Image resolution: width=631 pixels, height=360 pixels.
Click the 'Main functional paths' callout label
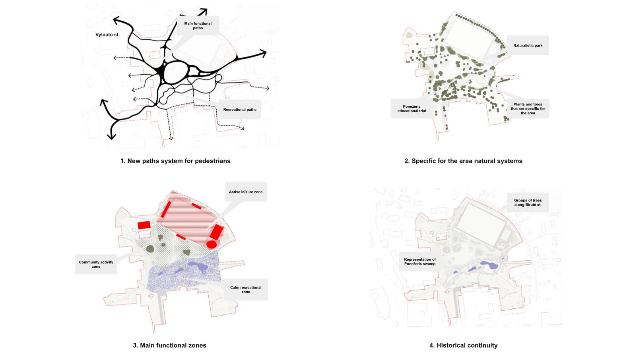[x=198, y=26]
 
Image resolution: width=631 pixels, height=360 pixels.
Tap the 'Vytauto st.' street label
[x=107, y=35]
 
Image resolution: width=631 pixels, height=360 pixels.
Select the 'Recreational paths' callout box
[x=240, y=110]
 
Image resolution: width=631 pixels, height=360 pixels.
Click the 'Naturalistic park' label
[x=528, y=46]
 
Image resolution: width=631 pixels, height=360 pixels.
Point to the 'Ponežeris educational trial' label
[x=412, y=108]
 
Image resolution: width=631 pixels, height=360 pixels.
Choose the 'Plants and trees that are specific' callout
[x=528, y=108]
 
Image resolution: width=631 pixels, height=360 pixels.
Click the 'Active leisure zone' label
[x=246, y=192]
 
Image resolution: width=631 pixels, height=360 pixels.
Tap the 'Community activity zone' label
[x=96, y=264]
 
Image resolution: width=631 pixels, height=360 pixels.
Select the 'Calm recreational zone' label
[x=246, y=290]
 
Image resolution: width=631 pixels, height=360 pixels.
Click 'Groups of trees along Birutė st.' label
[x=528, y=203]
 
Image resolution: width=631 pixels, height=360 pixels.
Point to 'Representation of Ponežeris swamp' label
[x=420, y=261]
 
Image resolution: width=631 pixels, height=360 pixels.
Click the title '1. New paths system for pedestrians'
[x=175, y=161]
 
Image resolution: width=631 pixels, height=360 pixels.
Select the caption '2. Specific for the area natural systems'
[x=463, y=161]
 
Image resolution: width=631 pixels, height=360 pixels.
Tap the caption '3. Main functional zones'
[x=169, y=345]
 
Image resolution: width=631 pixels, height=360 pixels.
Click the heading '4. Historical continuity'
[x=463, y=345]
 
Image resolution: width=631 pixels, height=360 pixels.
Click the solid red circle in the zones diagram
[x=212, y=244]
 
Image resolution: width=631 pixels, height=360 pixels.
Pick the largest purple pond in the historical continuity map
[x=489, y=265]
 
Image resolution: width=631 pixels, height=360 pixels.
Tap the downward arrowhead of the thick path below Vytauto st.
[x=112, y=136]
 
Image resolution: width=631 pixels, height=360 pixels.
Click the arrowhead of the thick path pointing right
[x=263, y=53]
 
